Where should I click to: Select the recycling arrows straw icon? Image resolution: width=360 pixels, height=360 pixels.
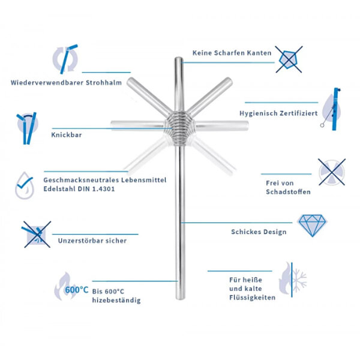tap(64, 59)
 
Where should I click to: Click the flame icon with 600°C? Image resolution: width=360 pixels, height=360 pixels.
tap(66, 289)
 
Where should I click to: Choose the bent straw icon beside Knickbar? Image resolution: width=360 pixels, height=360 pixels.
tap(25, 127)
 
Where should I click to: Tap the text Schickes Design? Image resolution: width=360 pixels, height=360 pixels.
tap(259, 232)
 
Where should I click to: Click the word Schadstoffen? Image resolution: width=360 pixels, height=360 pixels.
tap(288, 192)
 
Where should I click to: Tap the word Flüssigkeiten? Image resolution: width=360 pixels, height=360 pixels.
tap(252, 298)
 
